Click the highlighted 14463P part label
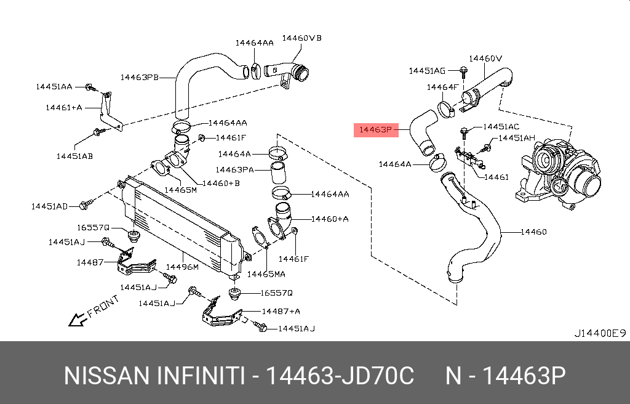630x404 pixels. click(x=376, y=130)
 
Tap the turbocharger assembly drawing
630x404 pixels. click(x=558, y=174)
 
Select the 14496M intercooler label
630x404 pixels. click(x=182, y=267)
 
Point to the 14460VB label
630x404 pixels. click(x=301, y=38)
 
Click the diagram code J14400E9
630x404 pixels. click(x=600, y=333)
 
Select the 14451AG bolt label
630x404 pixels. click(x=427, y=71)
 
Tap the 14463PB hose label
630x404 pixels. click(x=140, y=77)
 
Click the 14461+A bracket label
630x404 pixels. click(x=64, y=107)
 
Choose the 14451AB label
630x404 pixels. click(x=74, y=156)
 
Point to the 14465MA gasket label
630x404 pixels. click(x=266, y=274)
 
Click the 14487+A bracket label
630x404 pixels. click(x=281, y=311)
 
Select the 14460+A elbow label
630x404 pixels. click(x=330, y=219)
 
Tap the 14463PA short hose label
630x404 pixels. click(x=234, y=170)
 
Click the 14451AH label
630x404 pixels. click(x=517, y=138)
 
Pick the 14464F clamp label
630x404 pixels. click(x=442, y=87)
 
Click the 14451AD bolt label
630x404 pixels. click(x=49, y=206)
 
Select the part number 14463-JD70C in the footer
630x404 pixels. click(x=340, y=376)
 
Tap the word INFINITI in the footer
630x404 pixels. click(x=200, y=376)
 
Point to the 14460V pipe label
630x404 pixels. click(x=485, y=59)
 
